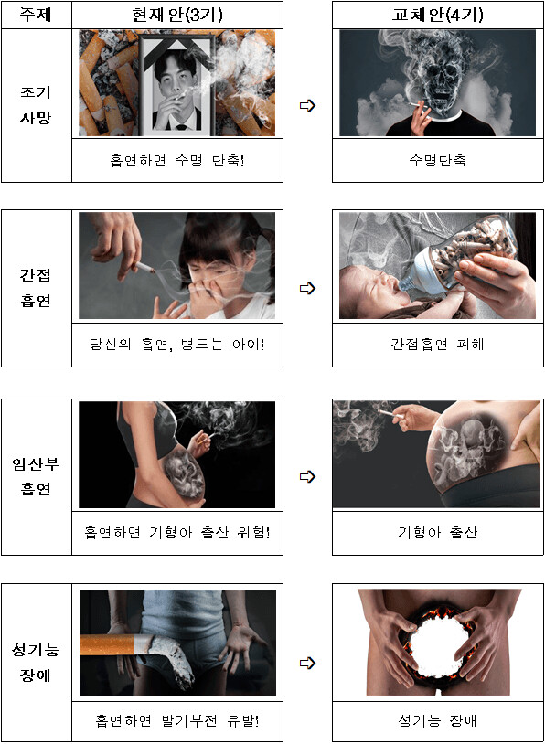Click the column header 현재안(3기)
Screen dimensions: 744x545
click(x=176, y=15)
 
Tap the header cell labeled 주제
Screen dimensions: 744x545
click(x=36, y=15)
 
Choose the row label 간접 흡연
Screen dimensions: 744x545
click(x=36, y=288)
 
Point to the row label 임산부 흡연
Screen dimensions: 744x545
click(x=36, y=476)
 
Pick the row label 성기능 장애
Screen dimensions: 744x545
click(x=36, y=663)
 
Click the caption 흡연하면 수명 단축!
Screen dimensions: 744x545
click(x=176, y=160)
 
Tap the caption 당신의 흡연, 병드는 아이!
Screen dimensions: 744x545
click(x=176, y=344)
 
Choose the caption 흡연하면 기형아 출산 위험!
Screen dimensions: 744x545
click(x=176, y=532)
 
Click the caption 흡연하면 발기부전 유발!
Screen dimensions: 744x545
click(x=176, y=720)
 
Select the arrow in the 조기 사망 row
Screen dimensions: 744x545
click(x=307, y=106)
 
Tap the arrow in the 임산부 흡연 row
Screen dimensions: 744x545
click(x=307, y=476)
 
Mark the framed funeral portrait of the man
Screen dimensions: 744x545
click(x=176, y=84)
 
